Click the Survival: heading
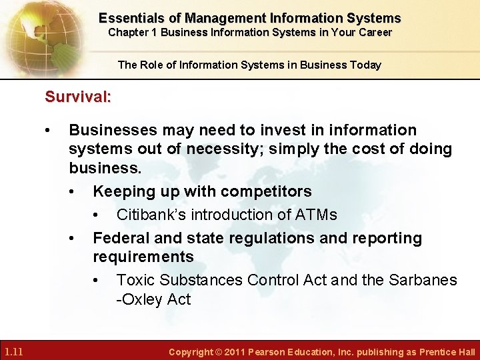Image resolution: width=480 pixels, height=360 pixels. [x=77, y=97]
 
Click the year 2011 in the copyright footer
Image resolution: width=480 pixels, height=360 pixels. [x=234, y=352]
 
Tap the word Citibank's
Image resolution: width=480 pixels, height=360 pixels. [x=150, y=215]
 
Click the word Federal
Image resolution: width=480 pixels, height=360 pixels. [x=121, y=238]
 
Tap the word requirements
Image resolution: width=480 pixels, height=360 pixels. [x=143, y=257]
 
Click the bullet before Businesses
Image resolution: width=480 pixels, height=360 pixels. [x=47, y=130]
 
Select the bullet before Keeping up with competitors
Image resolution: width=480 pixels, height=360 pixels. [x=71, y=191]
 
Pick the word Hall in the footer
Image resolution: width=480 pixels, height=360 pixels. [x=465, y=352]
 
